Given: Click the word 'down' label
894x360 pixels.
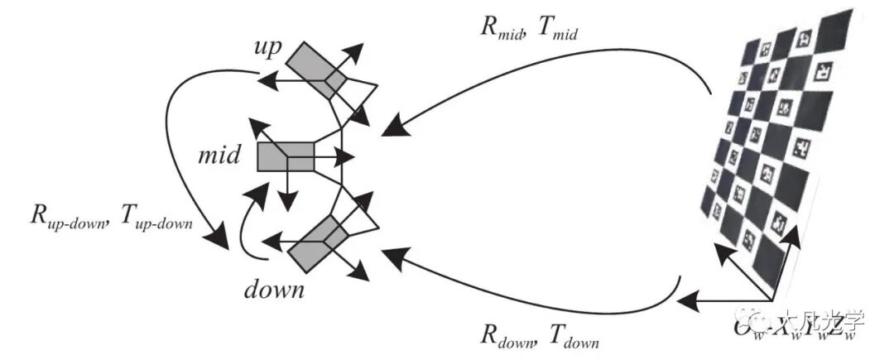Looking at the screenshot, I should click(275, 290).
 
